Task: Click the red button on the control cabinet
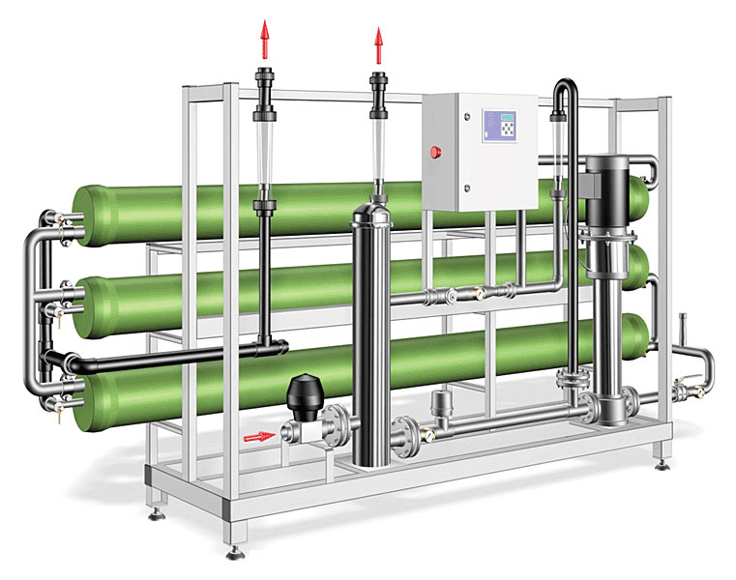click(435, 152)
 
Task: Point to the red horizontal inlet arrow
click(258, 437)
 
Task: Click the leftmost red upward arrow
click(264, 43)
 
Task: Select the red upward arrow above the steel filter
click(378, 44)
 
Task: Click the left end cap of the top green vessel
click(87, 213)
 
